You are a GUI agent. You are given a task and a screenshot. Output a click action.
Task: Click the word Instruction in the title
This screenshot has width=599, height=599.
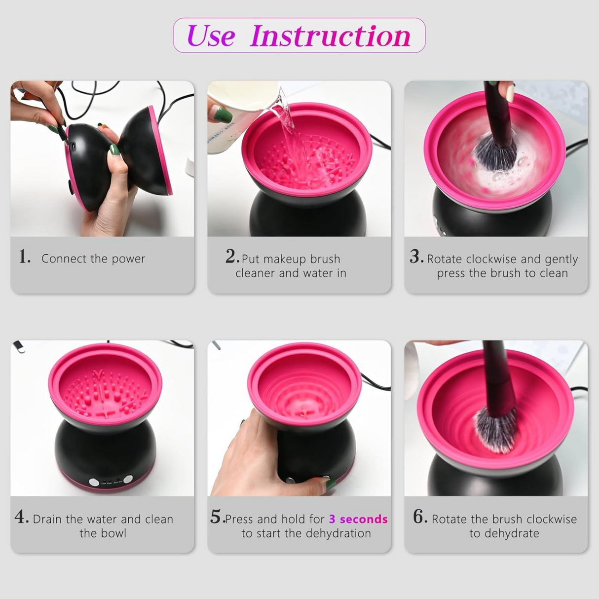click(x=330, y=36)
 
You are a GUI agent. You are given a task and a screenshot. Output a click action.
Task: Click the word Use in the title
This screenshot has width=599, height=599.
click(x=211, y=36)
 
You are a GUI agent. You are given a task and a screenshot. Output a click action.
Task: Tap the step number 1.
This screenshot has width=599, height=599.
click(x=24, y=257)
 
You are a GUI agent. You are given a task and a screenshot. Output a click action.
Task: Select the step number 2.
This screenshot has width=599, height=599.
click(x=232, y=257)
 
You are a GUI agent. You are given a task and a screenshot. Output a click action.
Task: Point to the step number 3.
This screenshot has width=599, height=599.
click(x=416, y=257)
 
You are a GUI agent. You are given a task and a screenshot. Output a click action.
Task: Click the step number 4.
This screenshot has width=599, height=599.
click(x=21, y=517)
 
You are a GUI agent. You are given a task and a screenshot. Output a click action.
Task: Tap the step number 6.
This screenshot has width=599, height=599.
click(x=420, y=517)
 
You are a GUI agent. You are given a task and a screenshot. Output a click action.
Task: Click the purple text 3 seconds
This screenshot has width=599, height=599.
click(x=358, y=519)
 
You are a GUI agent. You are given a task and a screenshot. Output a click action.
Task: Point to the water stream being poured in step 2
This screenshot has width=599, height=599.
click(x=287, y=123)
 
